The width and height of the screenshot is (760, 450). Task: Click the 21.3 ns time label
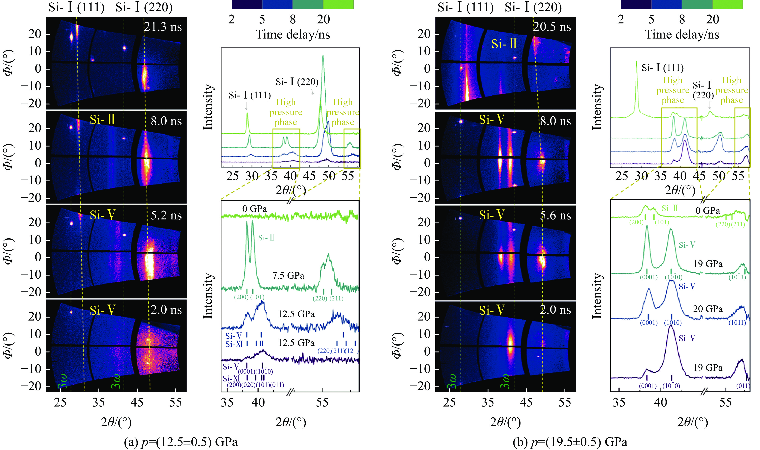[163, 27]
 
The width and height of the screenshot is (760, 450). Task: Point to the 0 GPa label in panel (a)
[254, 209]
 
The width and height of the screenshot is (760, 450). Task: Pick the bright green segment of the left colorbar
[338, 5]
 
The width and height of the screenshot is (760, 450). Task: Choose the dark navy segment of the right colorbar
[636, 5]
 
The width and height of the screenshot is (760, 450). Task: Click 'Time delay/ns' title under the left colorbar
[293, 35]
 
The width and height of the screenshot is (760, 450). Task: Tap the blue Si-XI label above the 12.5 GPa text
[234, 344]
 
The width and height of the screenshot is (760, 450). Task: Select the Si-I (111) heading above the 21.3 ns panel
[76, 7]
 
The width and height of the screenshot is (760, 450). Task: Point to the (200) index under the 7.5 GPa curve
[241, 297]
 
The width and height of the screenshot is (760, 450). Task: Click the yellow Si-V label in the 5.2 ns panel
[102, 215]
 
